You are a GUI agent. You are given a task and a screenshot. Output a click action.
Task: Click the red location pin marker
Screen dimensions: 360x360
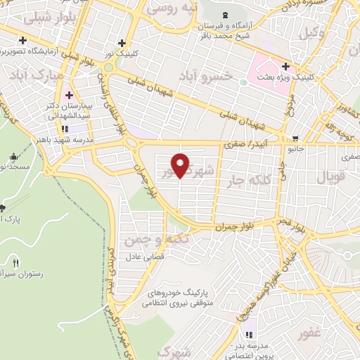(181, 165)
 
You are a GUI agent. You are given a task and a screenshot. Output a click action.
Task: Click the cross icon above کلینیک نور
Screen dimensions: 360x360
(123, 42)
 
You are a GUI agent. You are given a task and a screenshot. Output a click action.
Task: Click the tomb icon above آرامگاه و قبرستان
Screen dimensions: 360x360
(224, 15)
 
